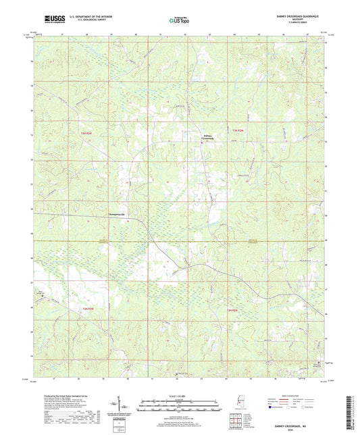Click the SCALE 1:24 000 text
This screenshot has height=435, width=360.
click(180, 396)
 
